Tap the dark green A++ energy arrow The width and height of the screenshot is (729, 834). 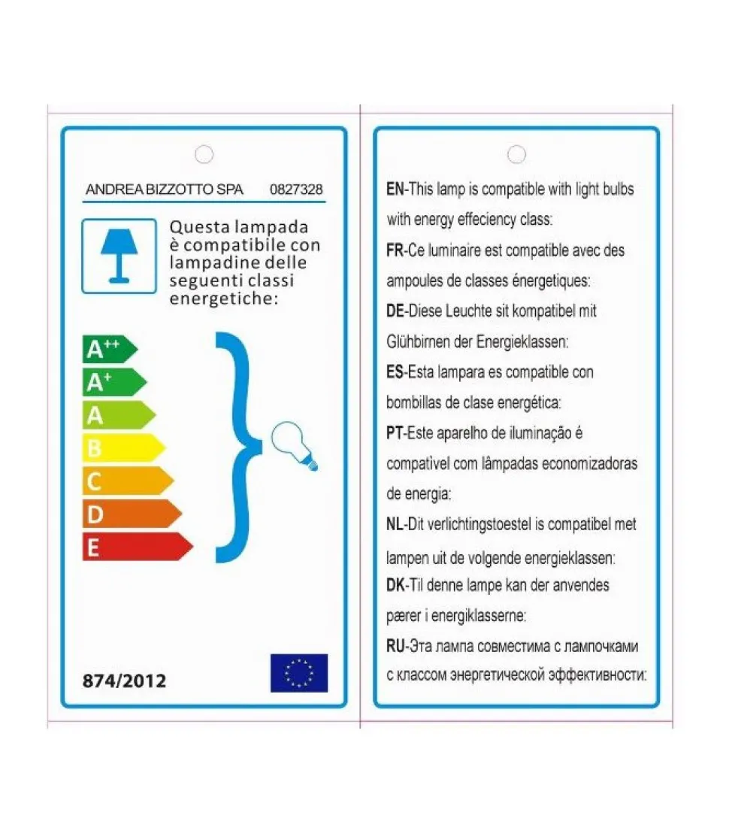[x=109, y=349]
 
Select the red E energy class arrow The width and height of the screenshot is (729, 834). [x=136, y=547]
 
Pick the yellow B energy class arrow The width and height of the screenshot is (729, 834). [x=123, y=448]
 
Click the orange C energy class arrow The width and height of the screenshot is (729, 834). [x=127, y=481]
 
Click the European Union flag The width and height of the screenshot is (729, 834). [x=299, y=672]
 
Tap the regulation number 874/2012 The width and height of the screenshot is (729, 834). [x=124, y=681]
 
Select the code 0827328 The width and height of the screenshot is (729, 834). [x=296, y=190]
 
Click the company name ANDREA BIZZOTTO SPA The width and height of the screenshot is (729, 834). [x=165, y=190]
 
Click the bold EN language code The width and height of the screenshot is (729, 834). [x=395, y=190]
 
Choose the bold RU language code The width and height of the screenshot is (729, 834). [x=396, y=646]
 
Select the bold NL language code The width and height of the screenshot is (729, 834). [x=396, y=524]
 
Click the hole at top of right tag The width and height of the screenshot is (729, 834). [x=516, y=154]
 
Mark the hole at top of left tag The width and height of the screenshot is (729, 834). [x=204, y=154]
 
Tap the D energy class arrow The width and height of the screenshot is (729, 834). [x=132, y=514]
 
